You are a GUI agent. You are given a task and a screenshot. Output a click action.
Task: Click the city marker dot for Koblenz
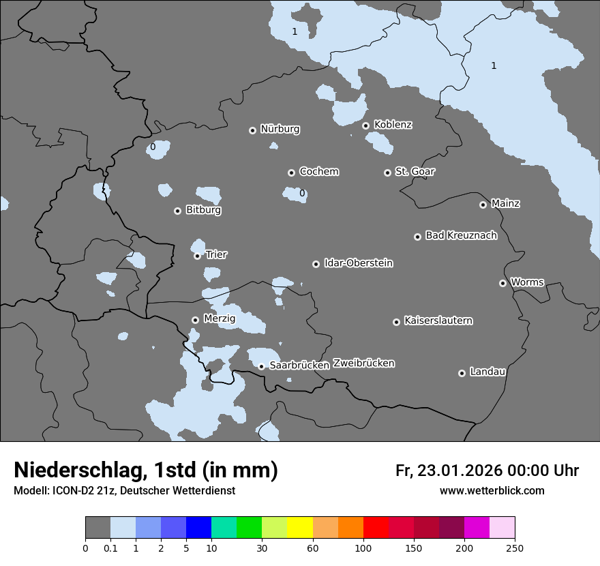click(x=365, y=125)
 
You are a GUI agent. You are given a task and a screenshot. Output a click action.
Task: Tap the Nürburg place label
click(x=280, y=129)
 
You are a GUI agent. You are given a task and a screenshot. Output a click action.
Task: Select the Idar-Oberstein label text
click(x=358, y=263)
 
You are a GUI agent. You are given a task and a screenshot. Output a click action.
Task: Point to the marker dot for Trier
click(x=197, y=256)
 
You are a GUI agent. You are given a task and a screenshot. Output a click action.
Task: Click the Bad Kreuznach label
click(x=461, y=235)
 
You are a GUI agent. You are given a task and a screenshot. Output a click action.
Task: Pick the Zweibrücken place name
click(x=363, y=363)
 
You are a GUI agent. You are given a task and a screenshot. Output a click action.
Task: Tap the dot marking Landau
click(x=462, y=373)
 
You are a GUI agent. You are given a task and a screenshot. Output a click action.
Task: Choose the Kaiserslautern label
click(x=438, y=321)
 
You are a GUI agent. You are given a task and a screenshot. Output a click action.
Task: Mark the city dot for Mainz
click(x=483, y=205)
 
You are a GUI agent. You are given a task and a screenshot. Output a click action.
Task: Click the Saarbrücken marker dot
click(x=261, y=366)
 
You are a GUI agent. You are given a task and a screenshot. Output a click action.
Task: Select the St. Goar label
click(x=415, y=171)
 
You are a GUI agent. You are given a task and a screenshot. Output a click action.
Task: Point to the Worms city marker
click(x=502, y=283)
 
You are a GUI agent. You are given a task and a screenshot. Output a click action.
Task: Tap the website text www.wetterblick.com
click(x=492, y=491)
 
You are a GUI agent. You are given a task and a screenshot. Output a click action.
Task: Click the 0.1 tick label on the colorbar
click(x=110, y=548)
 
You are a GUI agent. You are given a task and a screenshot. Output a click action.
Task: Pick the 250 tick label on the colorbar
click(x=514, y=548)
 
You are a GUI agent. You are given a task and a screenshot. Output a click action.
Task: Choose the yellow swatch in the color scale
click(x=300, y=528)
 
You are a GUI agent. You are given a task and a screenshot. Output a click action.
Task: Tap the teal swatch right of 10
click(x=224, y=528)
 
